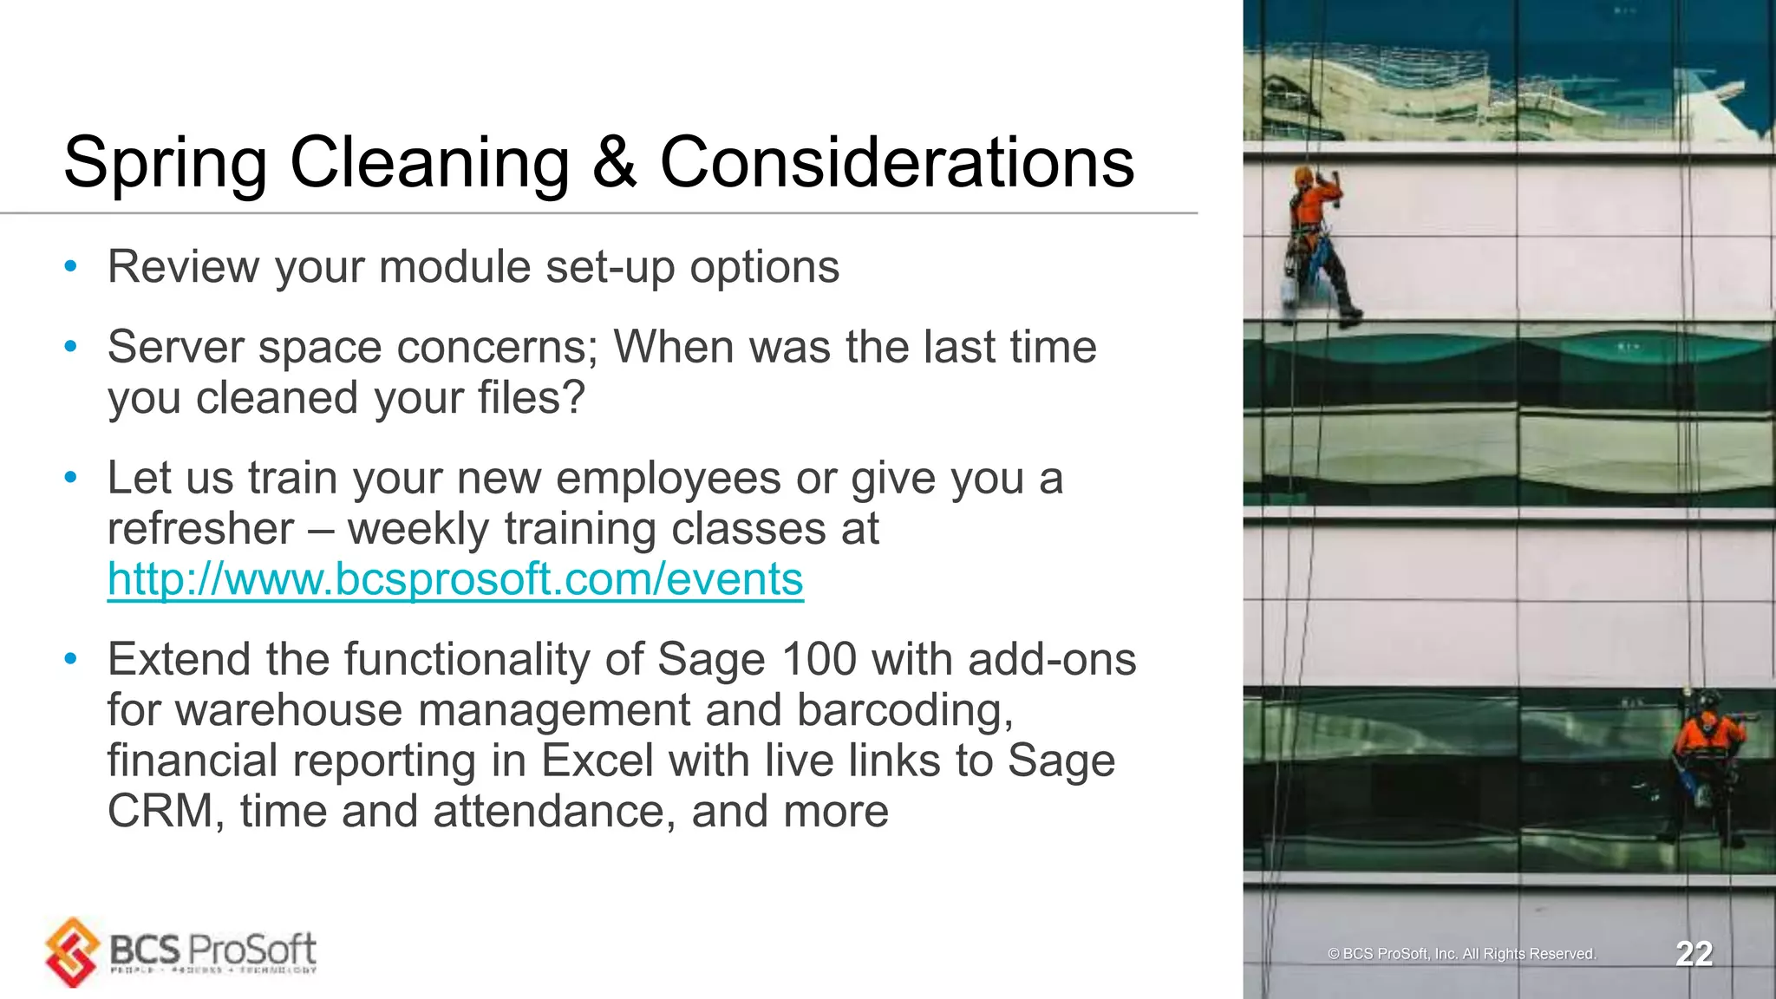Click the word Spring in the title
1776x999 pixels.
[165, 163]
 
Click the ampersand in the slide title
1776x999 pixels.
[614, 163]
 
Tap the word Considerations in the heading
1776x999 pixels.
[897, 163]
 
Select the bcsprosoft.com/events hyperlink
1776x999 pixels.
[455, 579]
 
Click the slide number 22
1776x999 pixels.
[1694, 954]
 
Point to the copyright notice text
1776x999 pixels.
[1461, 954]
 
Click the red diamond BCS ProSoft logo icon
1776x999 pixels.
[73, 952]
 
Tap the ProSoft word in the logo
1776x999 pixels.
[251, 950]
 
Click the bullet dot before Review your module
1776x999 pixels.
[71, 267]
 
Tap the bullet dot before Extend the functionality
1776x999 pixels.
[71, 660]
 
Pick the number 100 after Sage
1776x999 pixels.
[819, 660]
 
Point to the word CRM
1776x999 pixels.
[161, 812]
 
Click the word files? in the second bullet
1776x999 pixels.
[531, 398]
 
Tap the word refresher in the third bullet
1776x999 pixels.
[200, 529]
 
